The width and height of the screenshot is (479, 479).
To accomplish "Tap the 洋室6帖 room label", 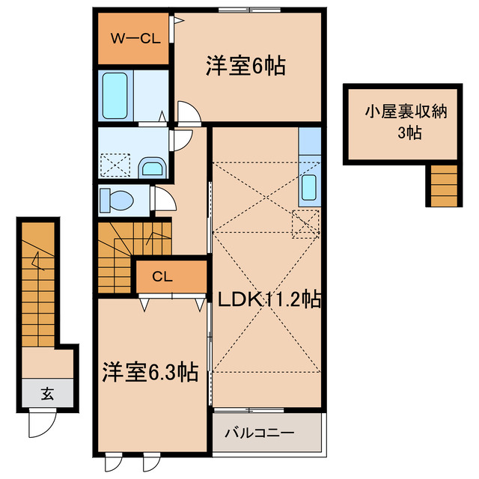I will click(245, 67).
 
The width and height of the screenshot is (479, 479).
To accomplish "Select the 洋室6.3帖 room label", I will click(150, 372).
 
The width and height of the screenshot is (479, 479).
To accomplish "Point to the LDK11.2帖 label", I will click(269, 300).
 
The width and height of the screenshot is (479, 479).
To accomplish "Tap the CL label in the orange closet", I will click(162, 277).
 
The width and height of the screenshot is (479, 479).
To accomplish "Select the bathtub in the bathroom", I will click(116, 95).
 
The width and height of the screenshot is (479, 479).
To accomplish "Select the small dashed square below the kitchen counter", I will click(305, 223).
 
